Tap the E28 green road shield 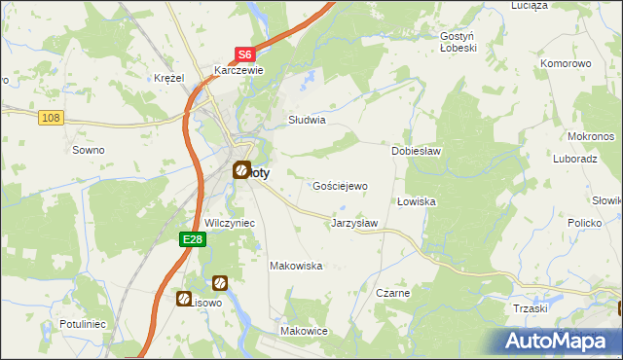(192, 239)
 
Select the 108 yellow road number (53, 118)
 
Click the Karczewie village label (239, 70)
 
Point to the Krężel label (169, 78)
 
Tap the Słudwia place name (306, 121)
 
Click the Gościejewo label (339, 185)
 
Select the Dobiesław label (417, 152)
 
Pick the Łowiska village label (416, 201)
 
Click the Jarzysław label (354, 223)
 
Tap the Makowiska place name (296, 265)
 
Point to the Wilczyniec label (229, 223)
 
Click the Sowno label (89, 150)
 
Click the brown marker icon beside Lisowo (184, 299)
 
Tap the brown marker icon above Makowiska (221, 282)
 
